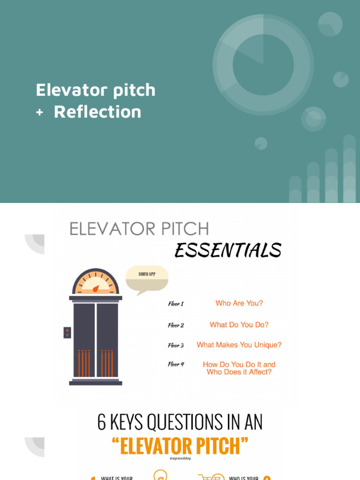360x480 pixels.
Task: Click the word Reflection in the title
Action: click(97, 112)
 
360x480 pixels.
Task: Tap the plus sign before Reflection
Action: click(39, 112)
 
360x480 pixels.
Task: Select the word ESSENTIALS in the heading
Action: click(228, 251)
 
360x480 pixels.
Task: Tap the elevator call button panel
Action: click(67, 332)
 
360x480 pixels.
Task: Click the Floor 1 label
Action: click(176, 304)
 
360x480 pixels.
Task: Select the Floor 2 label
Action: click(176, 325)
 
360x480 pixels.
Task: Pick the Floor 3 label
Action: click(176, 345)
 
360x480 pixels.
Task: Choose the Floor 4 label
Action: click(176, 364)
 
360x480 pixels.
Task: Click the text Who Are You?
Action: click(239, 303)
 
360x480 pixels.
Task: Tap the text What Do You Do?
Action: click(239, 324)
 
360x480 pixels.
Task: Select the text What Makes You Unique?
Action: click(239, 345)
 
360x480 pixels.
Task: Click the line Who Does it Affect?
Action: click(239, 372)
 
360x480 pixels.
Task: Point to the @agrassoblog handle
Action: click(180, 458)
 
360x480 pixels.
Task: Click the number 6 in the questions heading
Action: click(102, 422)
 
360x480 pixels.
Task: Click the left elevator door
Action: click(84, 340)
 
